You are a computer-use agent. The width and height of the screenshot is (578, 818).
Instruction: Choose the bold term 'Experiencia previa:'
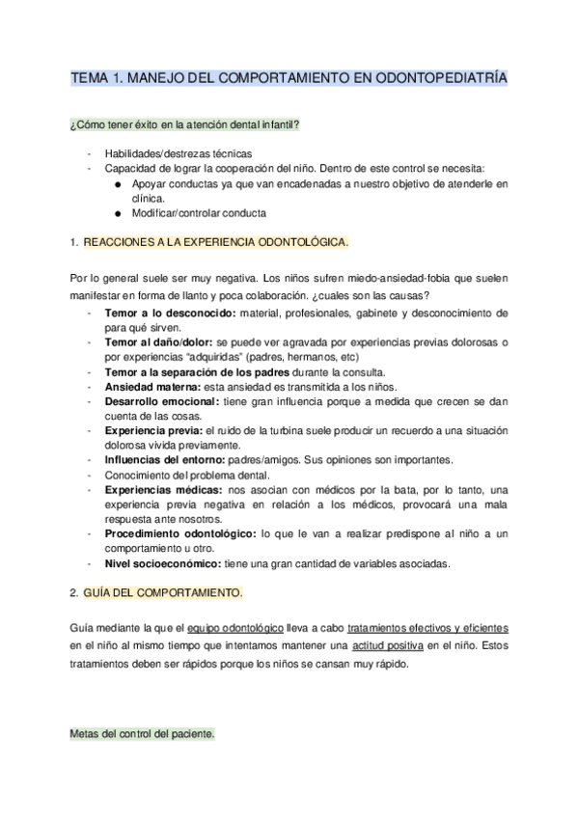tap(153, 429)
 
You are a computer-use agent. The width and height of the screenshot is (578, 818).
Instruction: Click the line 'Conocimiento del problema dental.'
tap(184, 475)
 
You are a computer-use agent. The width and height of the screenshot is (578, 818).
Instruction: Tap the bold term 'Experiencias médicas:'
tap(157, 490)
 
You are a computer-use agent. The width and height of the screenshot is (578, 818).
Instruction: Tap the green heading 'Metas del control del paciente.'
tap(143, 734)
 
